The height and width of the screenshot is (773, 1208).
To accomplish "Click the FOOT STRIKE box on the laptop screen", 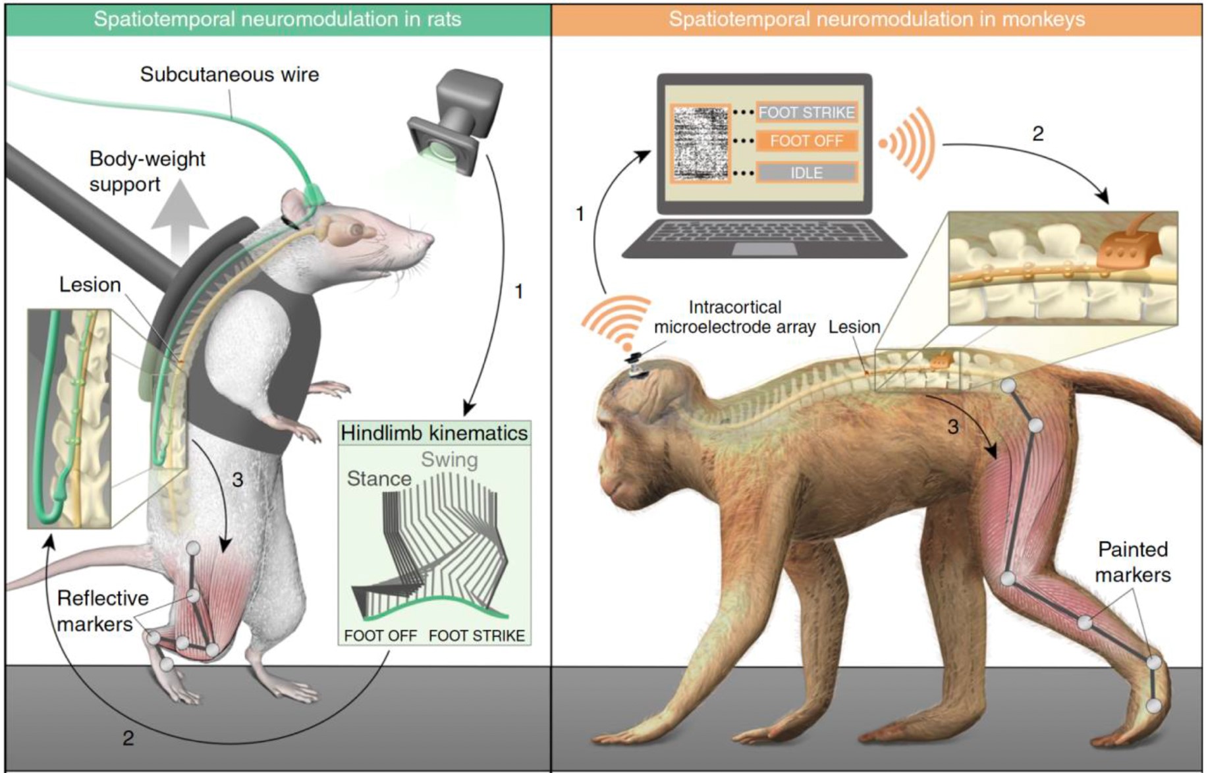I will (x=806, y=113).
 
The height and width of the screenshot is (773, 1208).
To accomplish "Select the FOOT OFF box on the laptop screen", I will (x=806, y=141).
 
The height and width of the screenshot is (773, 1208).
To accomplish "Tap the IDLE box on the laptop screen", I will (x=806, y=173).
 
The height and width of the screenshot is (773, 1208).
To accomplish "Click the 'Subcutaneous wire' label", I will (x=229, y=74).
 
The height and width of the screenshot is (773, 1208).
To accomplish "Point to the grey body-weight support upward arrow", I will (x=180, y=217).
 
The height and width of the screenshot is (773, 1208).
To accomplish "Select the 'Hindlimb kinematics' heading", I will (x=434, y=433).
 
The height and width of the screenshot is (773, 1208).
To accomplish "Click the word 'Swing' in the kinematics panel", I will (x=449, y=460).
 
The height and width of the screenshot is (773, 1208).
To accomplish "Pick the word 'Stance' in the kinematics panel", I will (x=379, y=479).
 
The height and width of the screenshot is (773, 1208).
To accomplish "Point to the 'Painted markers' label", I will (x=1133, y=562).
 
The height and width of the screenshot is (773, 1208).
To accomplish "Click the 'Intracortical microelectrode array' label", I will (x=734, y=317).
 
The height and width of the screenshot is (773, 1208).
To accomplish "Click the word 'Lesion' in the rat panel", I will (x=90, y=284).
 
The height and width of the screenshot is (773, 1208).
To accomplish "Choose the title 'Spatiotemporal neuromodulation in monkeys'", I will (x=877, y=19).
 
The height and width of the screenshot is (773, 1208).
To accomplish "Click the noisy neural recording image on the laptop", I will (x=701, y=143).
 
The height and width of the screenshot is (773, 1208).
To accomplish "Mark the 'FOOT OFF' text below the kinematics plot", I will (x=380, y=636).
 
